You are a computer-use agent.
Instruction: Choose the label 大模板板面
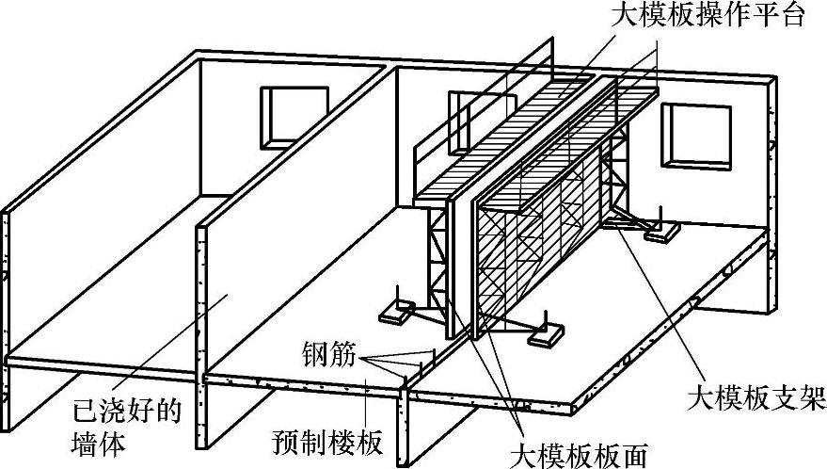pyautogui.click(x=578, y=454)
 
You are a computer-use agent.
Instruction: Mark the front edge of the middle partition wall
pyautogui.click(x=200, y=301)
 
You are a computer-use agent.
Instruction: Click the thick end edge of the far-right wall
pyautogui.click(x=772, y=198)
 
